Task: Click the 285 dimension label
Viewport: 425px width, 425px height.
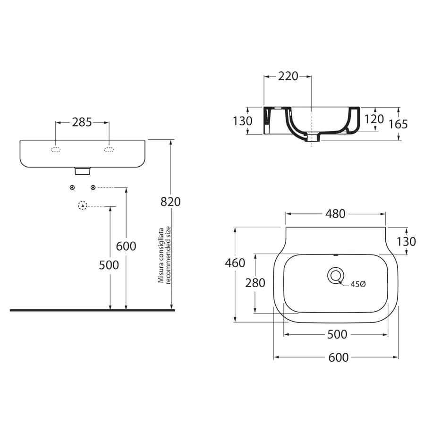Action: tap(82, 122)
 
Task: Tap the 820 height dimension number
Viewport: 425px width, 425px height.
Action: tap(170, 202)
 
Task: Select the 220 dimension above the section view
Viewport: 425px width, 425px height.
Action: tap(288, 76)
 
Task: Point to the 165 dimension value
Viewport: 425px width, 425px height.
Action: tap(398, 124)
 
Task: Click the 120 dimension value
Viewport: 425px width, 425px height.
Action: tap(374, 119)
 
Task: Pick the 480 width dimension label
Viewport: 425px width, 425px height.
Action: tap(335, 214)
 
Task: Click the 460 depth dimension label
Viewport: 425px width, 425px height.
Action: tap(235, 263)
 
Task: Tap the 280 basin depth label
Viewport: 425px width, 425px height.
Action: tap(255, 283)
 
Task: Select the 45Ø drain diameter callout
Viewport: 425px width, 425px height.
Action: tap(358, 284)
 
